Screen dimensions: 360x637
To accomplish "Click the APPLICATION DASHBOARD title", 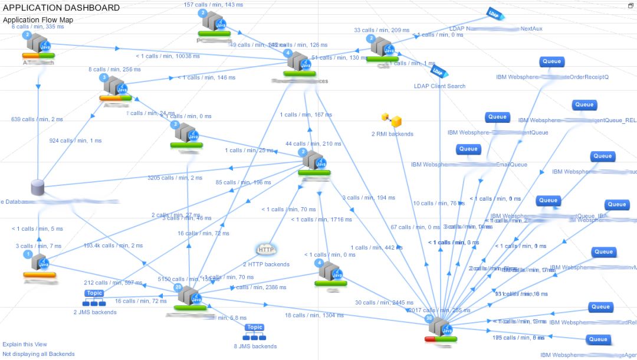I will point(61,8).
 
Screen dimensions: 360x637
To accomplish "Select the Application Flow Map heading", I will point(38,20).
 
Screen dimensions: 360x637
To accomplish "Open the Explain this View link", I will point(25,344).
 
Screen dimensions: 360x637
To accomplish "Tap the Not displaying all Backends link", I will point(38,354).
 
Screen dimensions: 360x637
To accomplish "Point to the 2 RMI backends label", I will point(392,134).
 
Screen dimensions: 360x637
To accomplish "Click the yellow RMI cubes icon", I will point(391,120).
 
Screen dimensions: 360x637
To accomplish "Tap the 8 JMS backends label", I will point(255,346).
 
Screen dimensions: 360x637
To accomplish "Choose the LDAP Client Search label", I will point(439,86).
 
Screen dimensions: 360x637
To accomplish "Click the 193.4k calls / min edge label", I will point(113,246).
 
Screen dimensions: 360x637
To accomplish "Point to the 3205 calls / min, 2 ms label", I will point(175,178).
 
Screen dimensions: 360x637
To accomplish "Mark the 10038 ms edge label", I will point(168,56).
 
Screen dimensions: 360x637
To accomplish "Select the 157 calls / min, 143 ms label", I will point(214,5).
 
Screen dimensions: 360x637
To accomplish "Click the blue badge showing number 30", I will point(429,319).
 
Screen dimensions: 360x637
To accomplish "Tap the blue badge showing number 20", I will point(178,287).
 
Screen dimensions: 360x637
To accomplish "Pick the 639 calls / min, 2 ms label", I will point(37,119).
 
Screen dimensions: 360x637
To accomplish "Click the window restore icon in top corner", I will point(631,6).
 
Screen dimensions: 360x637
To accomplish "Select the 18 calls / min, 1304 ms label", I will point(314,316).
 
